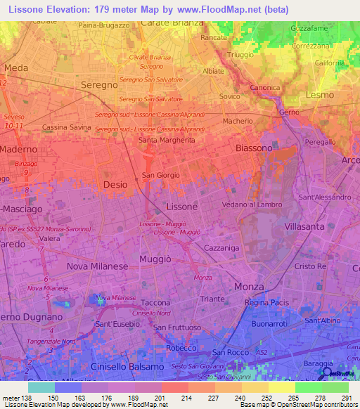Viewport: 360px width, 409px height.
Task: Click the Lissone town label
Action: tap(182, 207)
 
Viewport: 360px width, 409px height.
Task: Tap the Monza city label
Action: tap(249, 287)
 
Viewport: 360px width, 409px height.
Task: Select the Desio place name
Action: tap(115, 184)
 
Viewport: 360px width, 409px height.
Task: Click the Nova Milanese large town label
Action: tap(97, 266)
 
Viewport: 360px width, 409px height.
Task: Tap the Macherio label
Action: tap(238, 122)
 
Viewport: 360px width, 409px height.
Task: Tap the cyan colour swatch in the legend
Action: tap(41, 387)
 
